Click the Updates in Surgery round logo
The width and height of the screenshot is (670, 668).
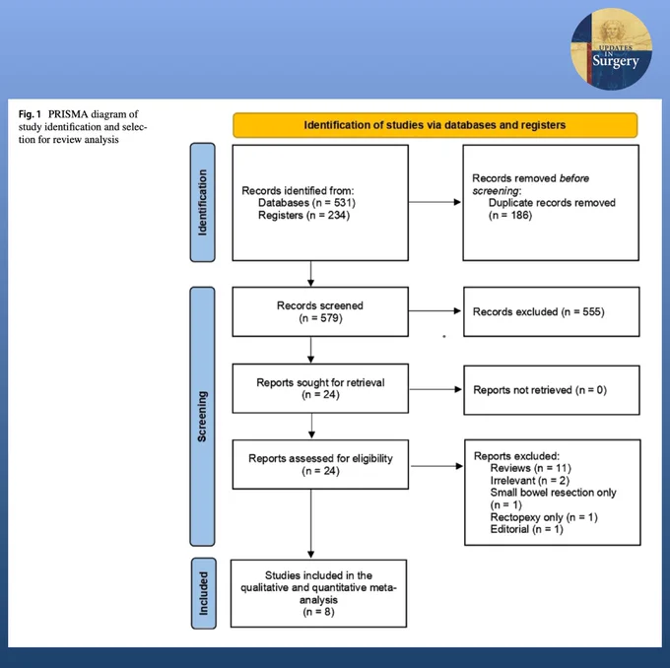tap(612, 48)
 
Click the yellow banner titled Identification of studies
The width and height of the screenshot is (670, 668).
tap(435, 125)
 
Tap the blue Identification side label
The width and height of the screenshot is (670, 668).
tap(203, 202)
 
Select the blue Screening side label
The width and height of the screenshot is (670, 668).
tap(203, 417)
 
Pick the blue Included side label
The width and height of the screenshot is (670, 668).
tap(203, 593)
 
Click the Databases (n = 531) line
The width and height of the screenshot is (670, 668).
tap(306, 203)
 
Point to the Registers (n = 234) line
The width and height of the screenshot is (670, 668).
tap(303, 215)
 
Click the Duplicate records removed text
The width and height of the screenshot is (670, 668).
tap(552, 203)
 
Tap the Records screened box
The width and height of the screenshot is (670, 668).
tap(320, 311)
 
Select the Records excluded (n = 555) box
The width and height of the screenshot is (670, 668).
tap(551, 311)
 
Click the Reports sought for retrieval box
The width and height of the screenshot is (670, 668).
tap(320, 388)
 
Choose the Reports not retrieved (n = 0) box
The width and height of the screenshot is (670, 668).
tap(552, 390)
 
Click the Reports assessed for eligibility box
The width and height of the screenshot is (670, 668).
tap(320, 465)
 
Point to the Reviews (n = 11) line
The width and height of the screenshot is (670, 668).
tap(530, 468)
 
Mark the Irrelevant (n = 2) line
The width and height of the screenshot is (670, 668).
tap(529, 481)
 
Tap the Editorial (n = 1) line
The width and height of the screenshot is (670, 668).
tap(526, 529)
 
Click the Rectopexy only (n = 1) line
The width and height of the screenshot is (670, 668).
tap(544, 517)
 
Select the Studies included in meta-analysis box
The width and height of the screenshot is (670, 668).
tap(319, 593)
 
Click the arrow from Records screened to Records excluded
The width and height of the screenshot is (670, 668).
tap(435, 310)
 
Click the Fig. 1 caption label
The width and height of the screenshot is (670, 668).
tap(30, 114)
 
